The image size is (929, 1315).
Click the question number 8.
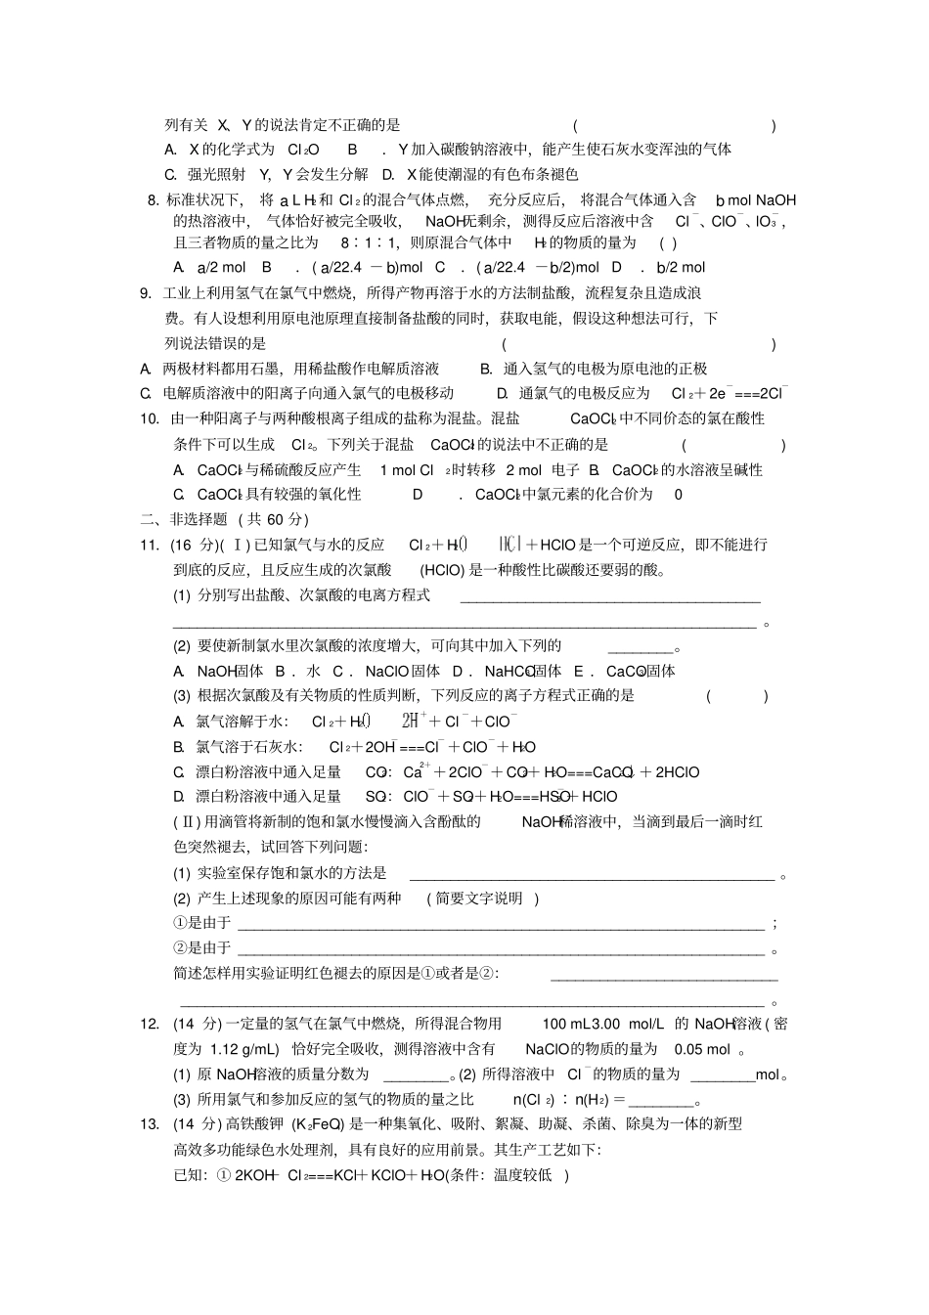[x=153, y=200]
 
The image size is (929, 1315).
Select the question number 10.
[x=150, y=419]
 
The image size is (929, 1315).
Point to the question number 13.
[x=150, y=1124]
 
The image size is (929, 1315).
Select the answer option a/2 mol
[x=221, y=268]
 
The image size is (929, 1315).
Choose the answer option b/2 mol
[x=681, y=268]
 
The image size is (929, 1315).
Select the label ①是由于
[x=202, y=923]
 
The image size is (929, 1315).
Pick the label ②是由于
[x=202, y=948]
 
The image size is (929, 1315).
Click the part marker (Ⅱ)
[x=187, y=822]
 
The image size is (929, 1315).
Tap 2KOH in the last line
[x=257, y=1175]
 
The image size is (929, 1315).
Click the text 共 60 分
[x=277, y=520]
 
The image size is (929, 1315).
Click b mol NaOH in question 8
[x=756, y=200]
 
